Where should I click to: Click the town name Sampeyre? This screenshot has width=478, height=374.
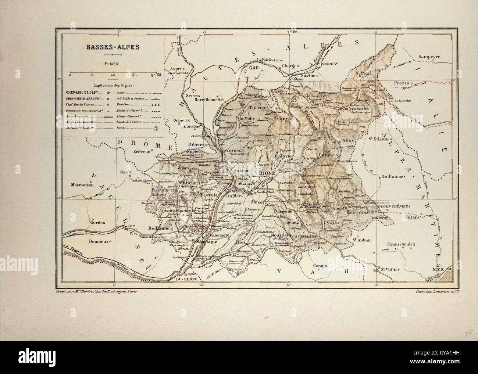point(429,57)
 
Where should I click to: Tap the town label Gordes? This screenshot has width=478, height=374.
point(97,223)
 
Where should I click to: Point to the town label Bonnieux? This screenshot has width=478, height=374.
point(100,242)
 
